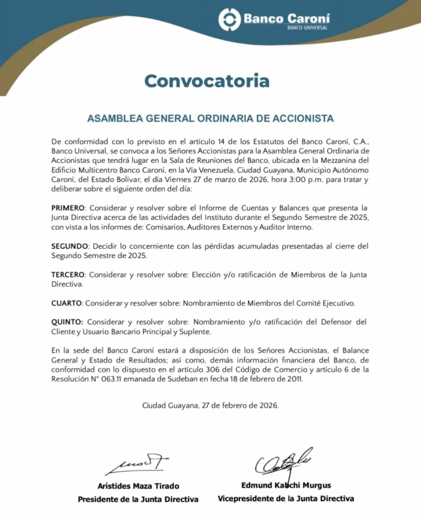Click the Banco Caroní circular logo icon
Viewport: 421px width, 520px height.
[x=230, y=19]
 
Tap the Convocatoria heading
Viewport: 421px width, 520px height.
[x=207, y=80]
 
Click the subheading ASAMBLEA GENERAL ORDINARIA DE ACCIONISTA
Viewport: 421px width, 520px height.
[x=210, y=119]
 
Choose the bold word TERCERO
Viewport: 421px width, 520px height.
[x=69, y=275]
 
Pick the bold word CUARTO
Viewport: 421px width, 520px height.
[x=67, y=303]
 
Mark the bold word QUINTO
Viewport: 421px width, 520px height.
[x=68, y=322]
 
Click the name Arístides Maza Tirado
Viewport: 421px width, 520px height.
[x=138, y=486]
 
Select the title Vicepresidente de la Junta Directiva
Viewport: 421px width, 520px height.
[x=286, y=499]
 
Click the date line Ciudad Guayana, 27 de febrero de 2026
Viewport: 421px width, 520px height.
[x=210, y=406]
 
